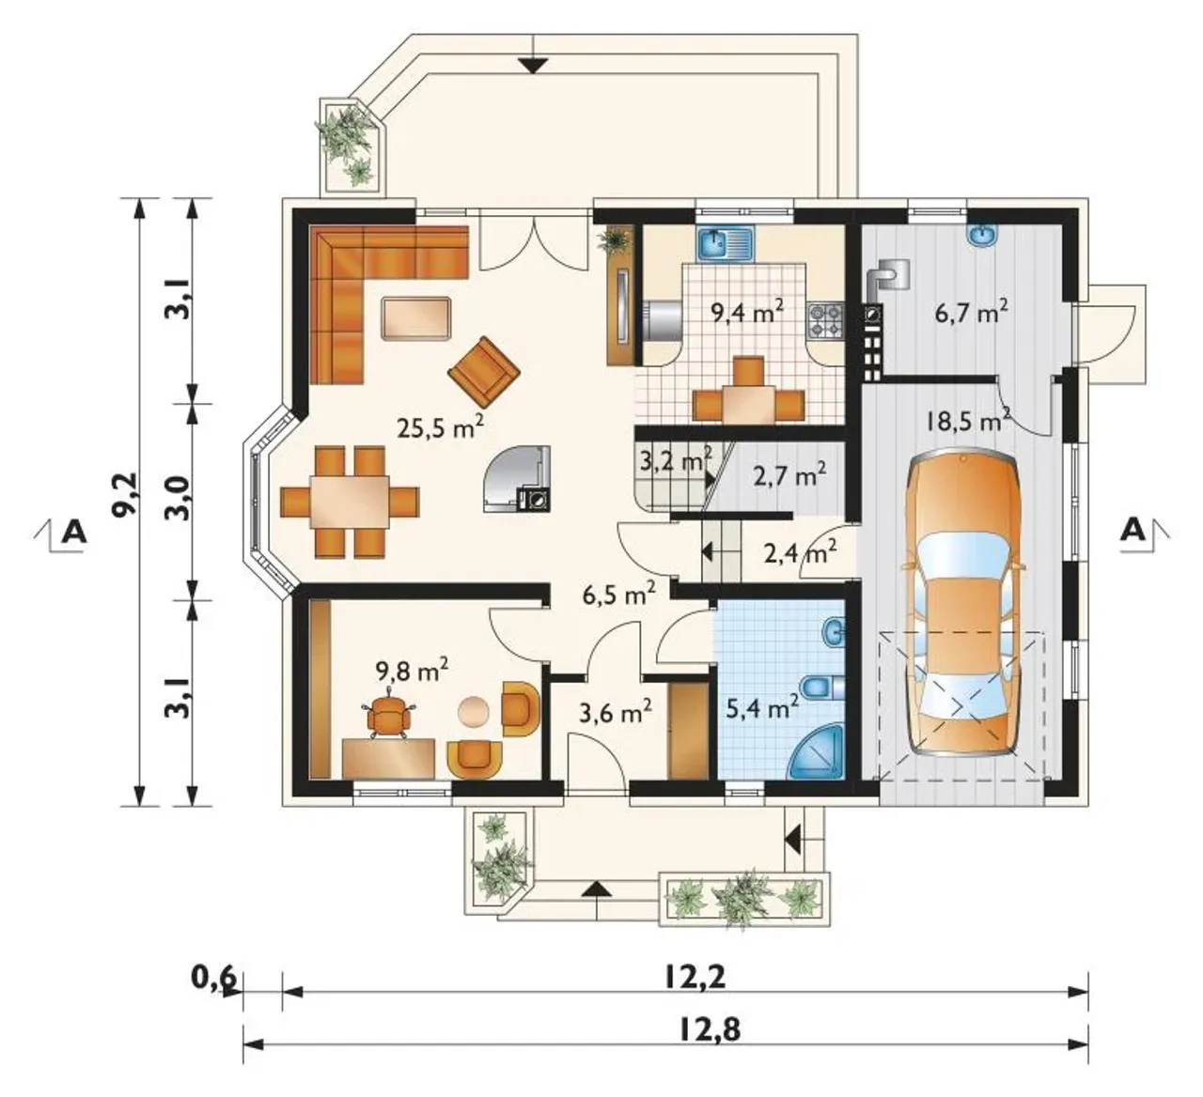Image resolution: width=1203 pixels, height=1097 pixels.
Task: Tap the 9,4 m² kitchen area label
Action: (x=747, y=311)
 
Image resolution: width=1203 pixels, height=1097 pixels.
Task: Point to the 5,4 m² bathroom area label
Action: (x=762, y=708)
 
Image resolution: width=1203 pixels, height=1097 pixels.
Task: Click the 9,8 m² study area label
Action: (x=412, y=671)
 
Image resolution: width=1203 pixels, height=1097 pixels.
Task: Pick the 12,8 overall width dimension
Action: (x=710, y=1030)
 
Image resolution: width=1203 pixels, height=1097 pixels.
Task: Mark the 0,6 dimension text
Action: (x=214, y=979)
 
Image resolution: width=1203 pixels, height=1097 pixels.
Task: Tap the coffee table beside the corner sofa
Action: (x=417, y=318)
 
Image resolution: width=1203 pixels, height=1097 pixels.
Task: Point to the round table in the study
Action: (x=475, y=712)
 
